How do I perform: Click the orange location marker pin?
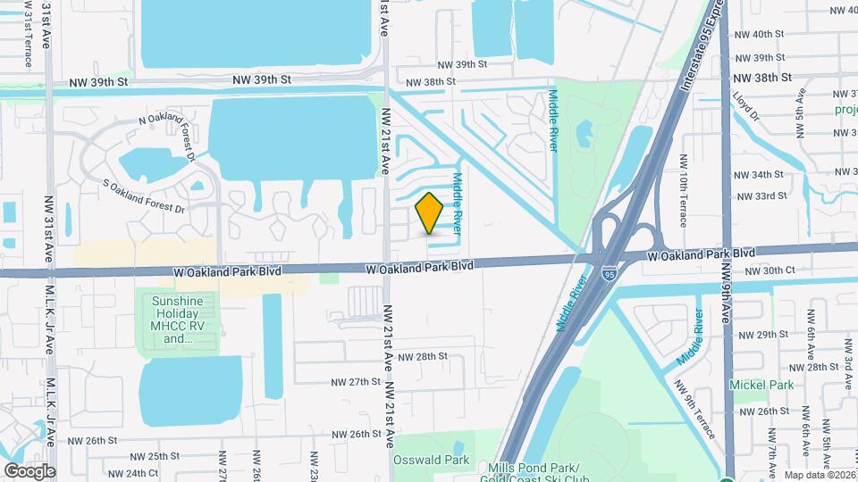429,212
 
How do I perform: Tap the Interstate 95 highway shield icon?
609,275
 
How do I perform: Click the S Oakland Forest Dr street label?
143,197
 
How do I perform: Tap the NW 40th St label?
768,34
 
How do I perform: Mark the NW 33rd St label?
761,196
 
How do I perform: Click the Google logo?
29,470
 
